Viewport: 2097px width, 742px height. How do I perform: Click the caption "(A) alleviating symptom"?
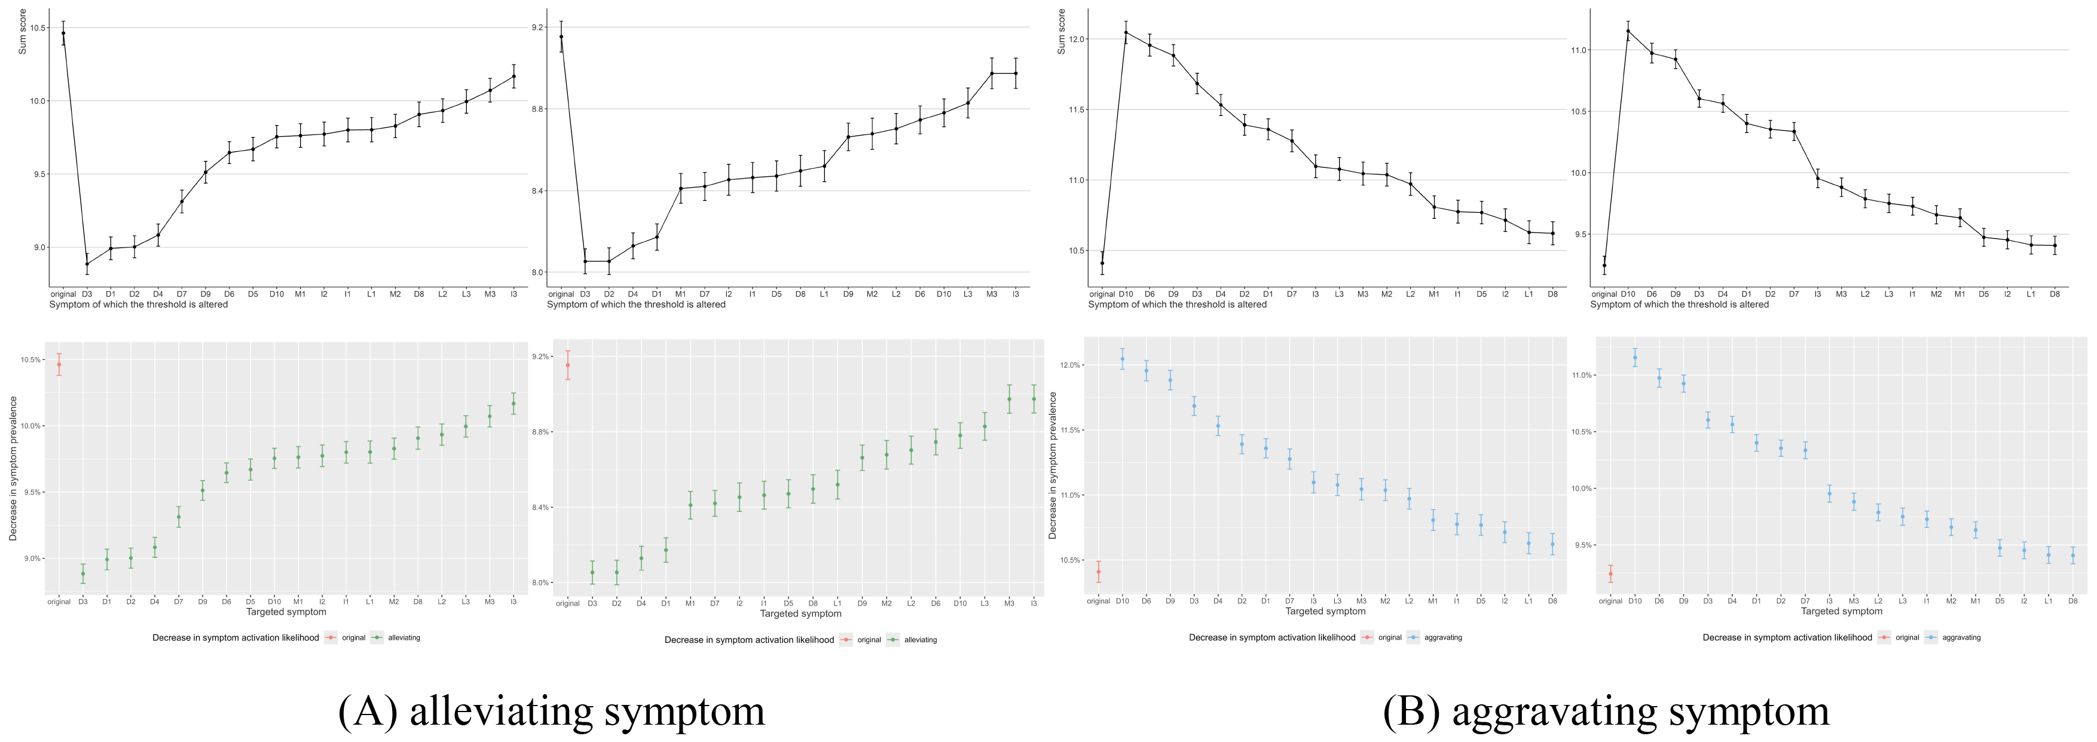(x=551, y=710)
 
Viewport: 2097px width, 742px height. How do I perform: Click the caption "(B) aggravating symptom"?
(x=1606, y=710)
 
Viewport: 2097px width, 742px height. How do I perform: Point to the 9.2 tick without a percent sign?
(x=537, y=28)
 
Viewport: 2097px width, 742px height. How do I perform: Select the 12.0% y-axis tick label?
(x=1069, y=365)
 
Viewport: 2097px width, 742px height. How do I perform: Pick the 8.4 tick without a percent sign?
(x=537, y=191)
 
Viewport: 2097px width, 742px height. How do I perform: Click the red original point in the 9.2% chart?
(x=567, y=365)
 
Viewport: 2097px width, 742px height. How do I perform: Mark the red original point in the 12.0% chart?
(x=1098, y=572)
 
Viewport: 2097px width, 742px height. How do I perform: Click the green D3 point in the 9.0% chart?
(x=83, y=573)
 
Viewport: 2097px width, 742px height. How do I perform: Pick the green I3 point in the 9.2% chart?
(x=1034, y=398)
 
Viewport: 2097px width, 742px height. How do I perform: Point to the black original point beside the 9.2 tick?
(x=561, y=36)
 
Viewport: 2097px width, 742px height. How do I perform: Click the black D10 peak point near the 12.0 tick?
(x=1126, y=32)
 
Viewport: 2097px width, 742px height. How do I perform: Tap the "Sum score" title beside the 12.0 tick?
(x=1060, y=32)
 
